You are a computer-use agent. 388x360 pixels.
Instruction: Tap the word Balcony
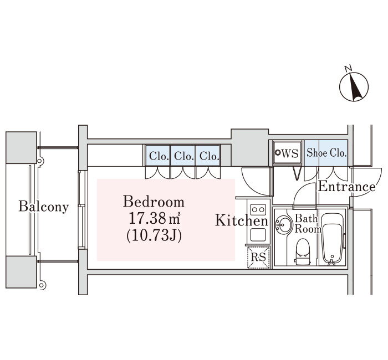tap(44, 207)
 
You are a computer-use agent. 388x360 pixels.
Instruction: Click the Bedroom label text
tap(154, 202)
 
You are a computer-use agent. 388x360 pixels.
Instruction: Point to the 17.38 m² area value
tap(154, 218)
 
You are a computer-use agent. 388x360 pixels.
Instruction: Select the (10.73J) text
tap(154, 235)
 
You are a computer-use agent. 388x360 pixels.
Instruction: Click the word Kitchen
tap(242, 220)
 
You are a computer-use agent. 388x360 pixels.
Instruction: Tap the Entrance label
tap(346, 187)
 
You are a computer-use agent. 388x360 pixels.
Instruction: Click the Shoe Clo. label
tap(326, 153)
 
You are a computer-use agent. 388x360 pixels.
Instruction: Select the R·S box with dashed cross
tap(259, 258)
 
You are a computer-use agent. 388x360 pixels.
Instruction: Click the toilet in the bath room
tap(303, 251)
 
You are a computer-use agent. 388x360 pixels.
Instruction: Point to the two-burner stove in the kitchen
tap(258, 210)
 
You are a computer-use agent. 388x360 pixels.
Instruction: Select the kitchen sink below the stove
tap(258, 235)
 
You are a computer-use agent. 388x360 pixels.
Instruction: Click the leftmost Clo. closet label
tap(159, 156)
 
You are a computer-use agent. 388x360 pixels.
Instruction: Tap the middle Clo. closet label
tap(184, 156)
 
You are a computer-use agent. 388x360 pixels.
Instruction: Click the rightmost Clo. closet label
tap(210, 156)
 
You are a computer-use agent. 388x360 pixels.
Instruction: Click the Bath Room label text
tap(307, 224)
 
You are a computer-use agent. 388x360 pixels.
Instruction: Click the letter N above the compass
tap(349, 68)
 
